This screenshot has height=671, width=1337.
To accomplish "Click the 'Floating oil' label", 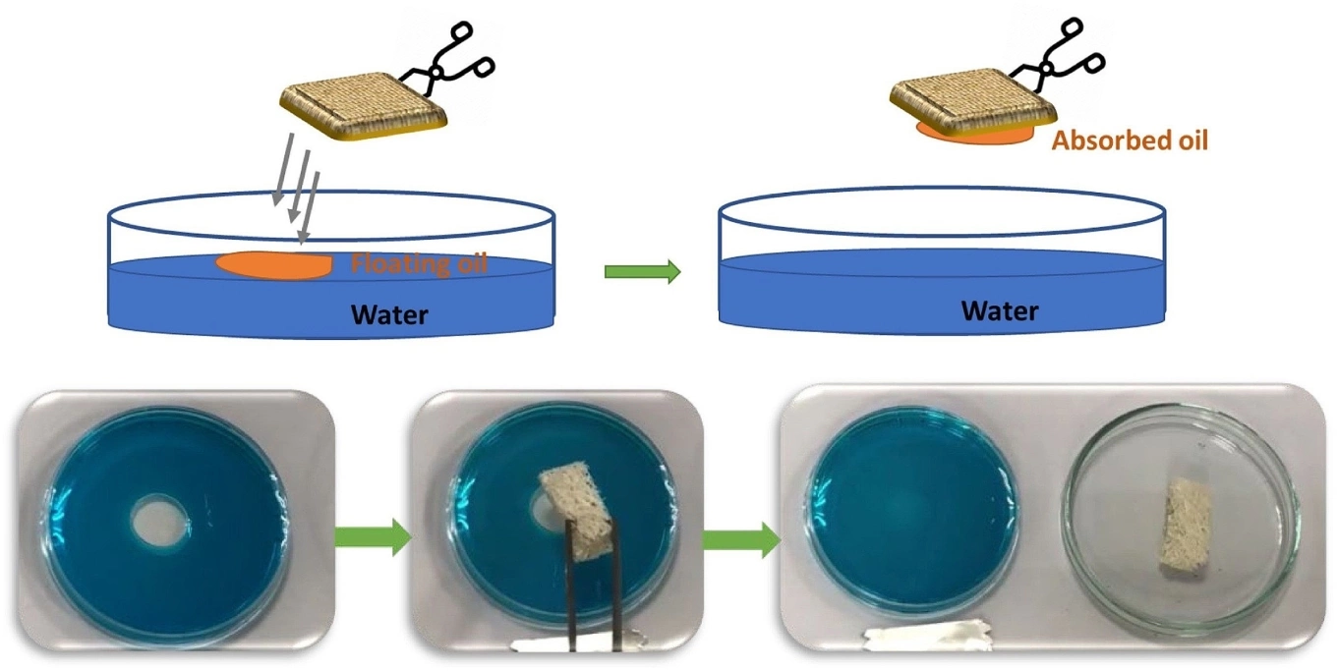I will pyautogui.click(x=419, y=263).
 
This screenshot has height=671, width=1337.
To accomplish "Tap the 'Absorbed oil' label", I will pyautogui.click(x=1130, y=140).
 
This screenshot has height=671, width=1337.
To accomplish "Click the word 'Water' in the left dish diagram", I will pyautogui.click(x=391, y=314).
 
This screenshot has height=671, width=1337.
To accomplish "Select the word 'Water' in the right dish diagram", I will pyautogui.click(x=1000, y=310).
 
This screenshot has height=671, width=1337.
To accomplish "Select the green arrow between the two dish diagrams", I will pyautogui.click(x=642, y=271).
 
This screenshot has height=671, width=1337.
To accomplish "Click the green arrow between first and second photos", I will pyautogui.click(x=373, y=536).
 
